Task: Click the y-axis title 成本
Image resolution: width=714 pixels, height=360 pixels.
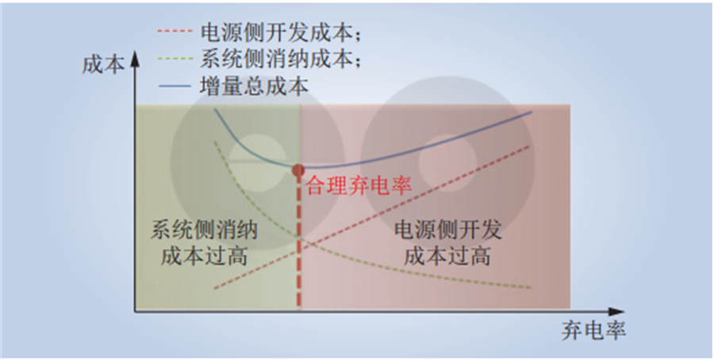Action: click(x=103, y=66)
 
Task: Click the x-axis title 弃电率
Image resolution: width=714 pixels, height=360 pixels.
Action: click(x=593, y=331)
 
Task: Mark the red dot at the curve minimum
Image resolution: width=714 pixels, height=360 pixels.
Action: click(x=298, y=170)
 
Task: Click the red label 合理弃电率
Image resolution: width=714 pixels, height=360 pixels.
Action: click(x=359, y=186)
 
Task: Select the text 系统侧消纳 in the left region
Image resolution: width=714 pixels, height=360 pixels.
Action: click(x=204, y=231)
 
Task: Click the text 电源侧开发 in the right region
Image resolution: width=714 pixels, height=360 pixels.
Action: click(x=448, y=231)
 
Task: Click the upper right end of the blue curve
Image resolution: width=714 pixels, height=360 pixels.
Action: click(x=532, y=112)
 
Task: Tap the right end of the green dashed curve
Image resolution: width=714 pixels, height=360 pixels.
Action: click(x=531, y=288)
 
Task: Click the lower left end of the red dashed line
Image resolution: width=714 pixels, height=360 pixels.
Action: click(x=214, y=289)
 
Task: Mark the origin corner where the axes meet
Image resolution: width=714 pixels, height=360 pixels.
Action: click(x=135, y=312)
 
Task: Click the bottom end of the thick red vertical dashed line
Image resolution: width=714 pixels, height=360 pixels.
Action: click(x=299, y=308)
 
